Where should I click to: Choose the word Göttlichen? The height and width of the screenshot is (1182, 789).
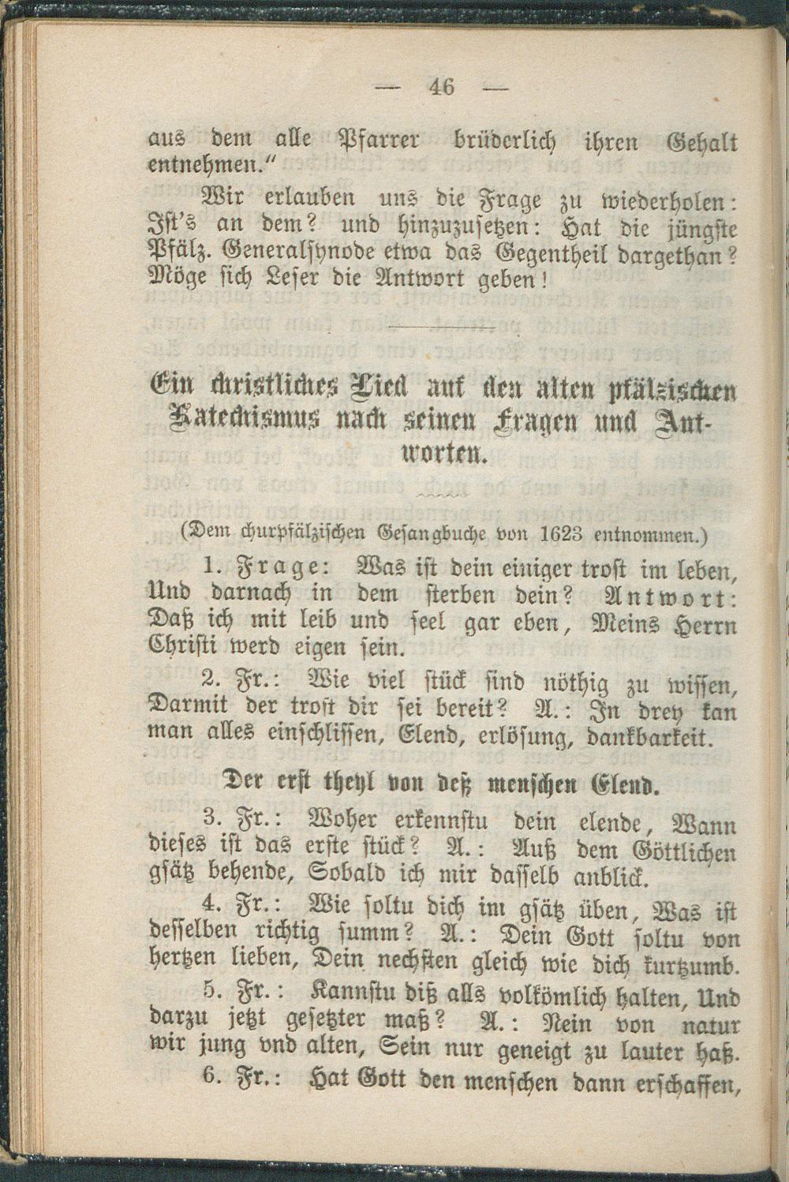[685, 854]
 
